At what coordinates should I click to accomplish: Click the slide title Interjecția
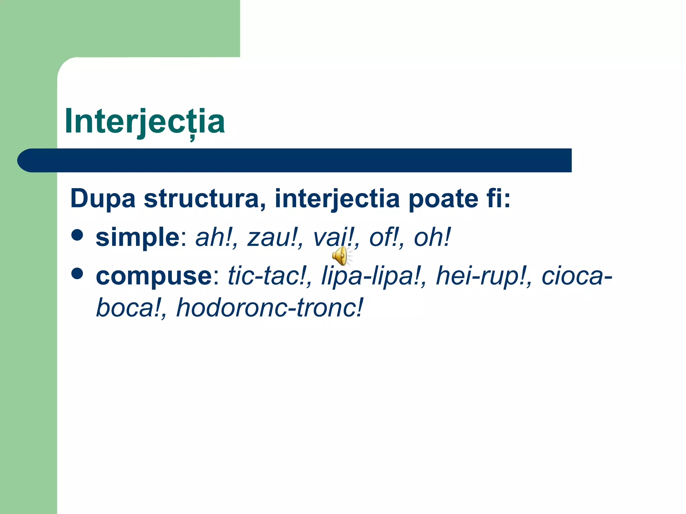[144, 121]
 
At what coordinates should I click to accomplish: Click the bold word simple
[138, 237]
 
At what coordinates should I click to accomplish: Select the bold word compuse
[154, 276]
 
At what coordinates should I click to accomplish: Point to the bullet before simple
[77, 235]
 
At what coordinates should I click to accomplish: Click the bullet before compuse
[77, 273]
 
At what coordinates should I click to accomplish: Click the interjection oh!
[432, 237]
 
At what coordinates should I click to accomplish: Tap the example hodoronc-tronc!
[270, 308]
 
